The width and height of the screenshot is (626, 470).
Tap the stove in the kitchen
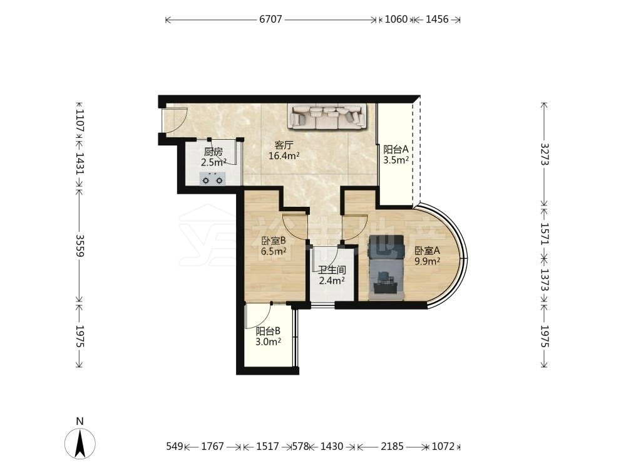(x=212, y=178)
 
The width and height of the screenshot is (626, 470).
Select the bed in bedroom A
(x=386, y=268)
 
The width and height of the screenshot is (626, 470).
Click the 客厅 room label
(x=284, y=145)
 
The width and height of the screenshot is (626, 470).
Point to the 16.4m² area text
(x=284, y=156)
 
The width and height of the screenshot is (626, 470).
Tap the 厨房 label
(x=213, y=152)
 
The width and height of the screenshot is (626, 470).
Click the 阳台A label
(x=396, y=150)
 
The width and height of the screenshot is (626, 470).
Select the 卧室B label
(x=274, y=241)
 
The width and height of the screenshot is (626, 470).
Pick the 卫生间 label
(x=332, y=270)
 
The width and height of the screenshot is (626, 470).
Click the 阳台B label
(x=268, y=331)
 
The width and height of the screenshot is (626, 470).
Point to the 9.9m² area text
(x=427, y=261)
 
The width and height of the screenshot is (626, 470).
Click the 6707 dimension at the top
(x=270, y=19)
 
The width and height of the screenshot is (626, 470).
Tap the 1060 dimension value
(x=396, y=19)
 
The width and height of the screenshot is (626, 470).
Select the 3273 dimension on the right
(x=545, y=154)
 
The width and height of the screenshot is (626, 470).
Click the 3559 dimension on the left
(x=80, y=246)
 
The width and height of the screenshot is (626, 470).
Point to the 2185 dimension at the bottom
(x=392, y=446)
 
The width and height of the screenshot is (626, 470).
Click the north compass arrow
(x=80, y=443)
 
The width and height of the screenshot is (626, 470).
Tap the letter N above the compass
(x=80, y=421)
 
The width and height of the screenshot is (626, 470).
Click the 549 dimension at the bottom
(x=175, y=446)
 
